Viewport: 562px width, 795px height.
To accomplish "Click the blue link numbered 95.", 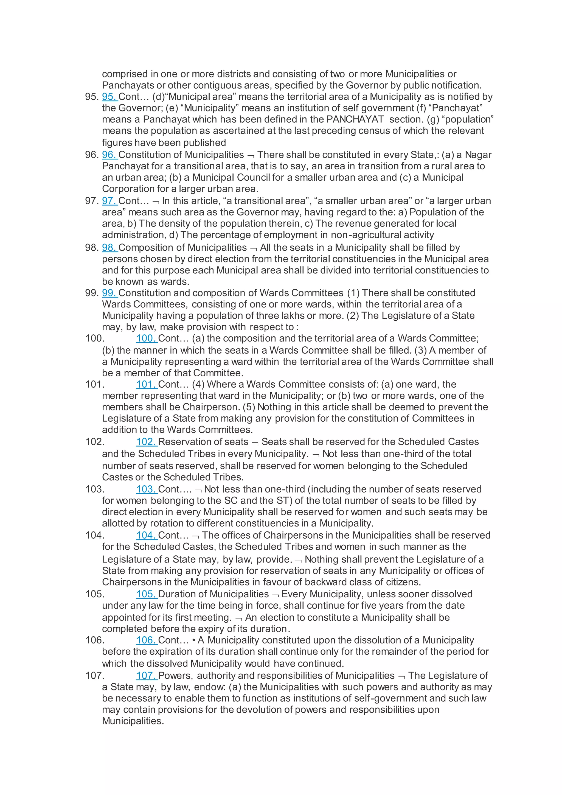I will (x=109, y=97).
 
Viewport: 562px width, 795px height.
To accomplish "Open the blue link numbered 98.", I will (x=109, y=248).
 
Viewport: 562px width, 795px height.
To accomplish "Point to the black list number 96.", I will (x=92, y=155).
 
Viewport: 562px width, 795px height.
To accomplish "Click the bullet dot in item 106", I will (x=194, y=640).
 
